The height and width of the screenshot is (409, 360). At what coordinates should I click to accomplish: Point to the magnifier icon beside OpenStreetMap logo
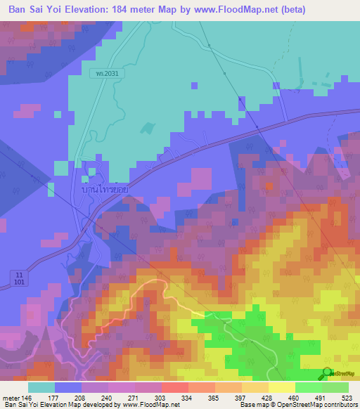(328, 374)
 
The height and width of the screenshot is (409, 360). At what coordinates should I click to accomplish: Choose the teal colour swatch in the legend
(41, 387)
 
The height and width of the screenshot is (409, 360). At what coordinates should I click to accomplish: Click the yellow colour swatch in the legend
(282, 387)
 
